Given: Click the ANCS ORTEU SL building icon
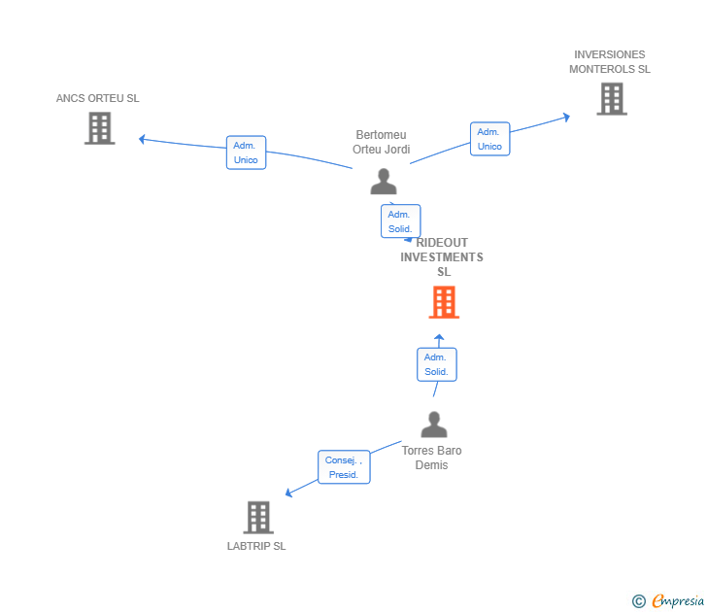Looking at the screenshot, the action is (x=100, y=128).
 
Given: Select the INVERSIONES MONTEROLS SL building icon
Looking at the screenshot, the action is (x=612, y=99).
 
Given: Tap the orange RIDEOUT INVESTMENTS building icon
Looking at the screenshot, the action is (x=444, y=302).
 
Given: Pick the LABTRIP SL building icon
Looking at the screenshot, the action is (x=258, y=518).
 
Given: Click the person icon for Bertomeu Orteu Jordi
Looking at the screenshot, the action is (x=384, y=182).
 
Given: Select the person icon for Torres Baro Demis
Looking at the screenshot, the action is (x=434, y=425).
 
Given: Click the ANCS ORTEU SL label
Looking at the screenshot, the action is (x=97, y=98).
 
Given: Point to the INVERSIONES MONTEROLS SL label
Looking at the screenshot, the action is (x=610, y=62).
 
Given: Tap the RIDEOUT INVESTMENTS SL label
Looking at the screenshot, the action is (x=442, y=257).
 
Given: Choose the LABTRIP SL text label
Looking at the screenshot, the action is (x=256, y=546).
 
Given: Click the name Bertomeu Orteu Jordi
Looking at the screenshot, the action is (x=382, y=142).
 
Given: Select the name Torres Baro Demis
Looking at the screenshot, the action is (x=431, y=458).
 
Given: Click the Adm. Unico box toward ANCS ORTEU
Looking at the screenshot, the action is (x=247, y=153).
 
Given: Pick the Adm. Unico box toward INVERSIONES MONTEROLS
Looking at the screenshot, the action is (x=490, y=139).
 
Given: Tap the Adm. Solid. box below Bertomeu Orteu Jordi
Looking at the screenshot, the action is (x=401, y=221).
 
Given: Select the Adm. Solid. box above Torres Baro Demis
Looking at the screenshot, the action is (x=437, y=364).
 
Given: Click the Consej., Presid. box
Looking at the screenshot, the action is (x=344, y=467).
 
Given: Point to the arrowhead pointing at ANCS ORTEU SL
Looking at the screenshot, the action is (x=142, y=139).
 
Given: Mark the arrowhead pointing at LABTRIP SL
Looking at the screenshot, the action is (x=288, y=493).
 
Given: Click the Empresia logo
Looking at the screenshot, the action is (x=668, y=600).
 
